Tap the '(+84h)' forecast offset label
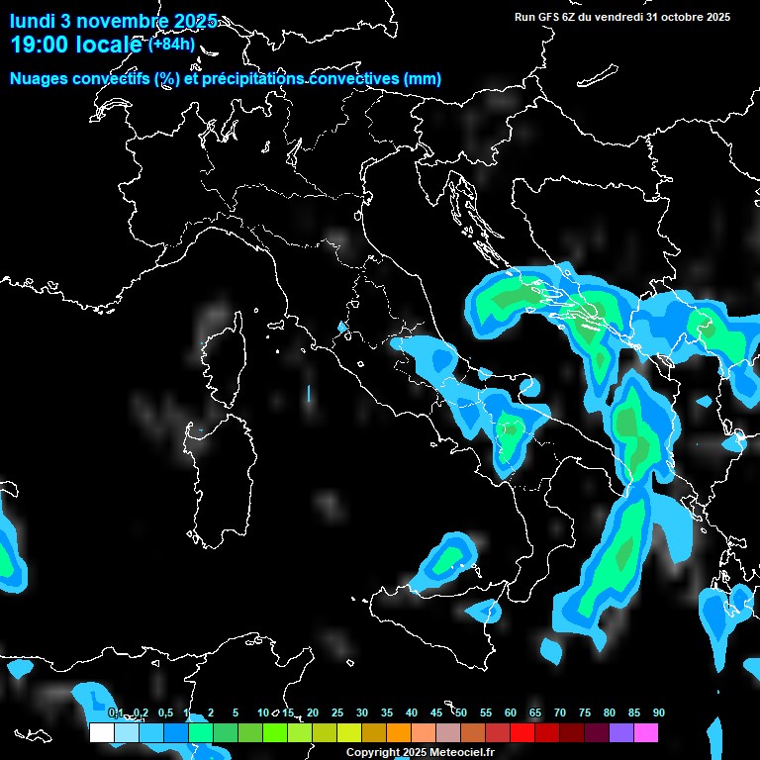[x=171, y=44]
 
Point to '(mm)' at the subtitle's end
[x=423, y=79]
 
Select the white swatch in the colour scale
[x=101, y=733]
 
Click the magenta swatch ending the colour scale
[x=646, y=733]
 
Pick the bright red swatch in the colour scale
[x=522, y=733]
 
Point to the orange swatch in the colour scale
[x=399, y=733]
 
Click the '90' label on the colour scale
[x=659, y=712]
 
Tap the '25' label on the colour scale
[x=337, y=712]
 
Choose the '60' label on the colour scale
[x=511, y=712]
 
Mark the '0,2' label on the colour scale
[x=142, y=712]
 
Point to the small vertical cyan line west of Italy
[x=309, y=393]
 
